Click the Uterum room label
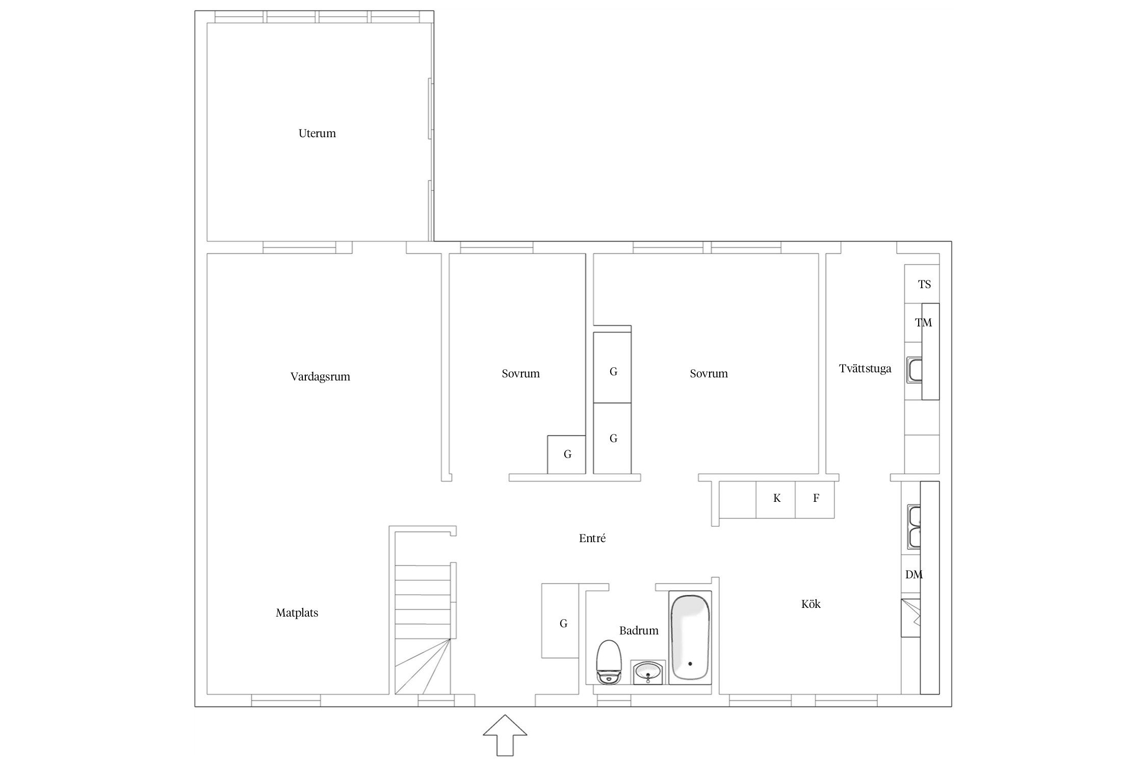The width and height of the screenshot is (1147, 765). point(317,134)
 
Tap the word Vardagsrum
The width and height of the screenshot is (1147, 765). point(320,377)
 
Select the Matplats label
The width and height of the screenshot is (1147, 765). point(297,613)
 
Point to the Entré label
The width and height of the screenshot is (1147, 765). point(592,538)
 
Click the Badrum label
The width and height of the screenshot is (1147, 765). point(639,631)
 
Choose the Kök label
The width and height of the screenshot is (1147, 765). point(811,604)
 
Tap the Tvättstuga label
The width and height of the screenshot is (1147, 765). point(865,369)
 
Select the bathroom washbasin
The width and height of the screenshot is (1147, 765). point(648,672)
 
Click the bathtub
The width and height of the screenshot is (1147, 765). point(690,637)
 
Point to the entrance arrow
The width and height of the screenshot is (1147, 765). point(505,735)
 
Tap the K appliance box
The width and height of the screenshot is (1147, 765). point(776,499)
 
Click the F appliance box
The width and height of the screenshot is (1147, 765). point(815,499)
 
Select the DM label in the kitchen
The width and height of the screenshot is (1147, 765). point(914,575)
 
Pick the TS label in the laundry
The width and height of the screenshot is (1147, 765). point(924,285)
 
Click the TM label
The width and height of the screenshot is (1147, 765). point(923,323)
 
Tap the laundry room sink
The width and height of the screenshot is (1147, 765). point(914,371)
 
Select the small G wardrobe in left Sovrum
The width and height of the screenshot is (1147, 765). point(566,454)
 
